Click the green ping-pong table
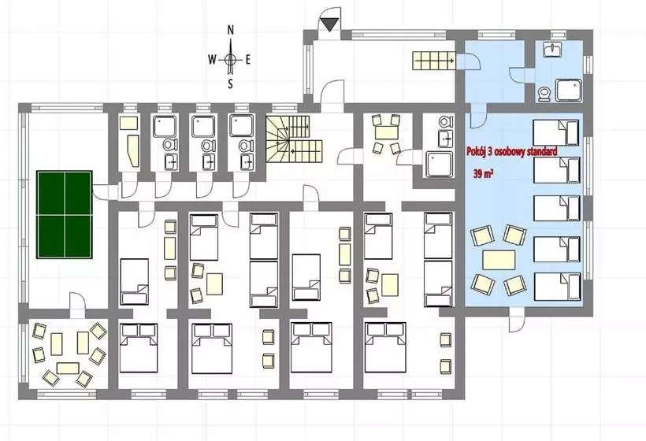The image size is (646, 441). [65, 214]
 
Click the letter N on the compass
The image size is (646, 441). [231, 30]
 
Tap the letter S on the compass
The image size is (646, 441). [230, 84]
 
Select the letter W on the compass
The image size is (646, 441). [212, 60]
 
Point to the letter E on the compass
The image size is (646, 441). [247, 60]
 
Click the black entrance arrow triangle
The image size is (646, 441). [330, 24]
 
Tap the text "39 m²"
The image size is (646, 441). [483, 174]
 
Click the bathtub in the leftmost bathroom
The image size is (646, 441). [133, 150]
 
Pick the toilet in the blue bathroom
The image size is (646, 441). [544, 94]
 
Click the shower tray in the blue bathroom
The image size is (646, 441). [569, 91]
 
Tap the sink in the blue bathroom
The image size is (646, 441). [551, 50]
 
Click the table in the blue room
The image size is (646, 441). [499, 260]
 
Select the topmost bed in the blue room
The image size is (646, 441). [556, 132]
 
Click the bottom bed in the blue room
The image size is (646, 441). [557, 286]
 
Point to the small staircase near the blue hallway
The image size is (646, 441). [434, 61]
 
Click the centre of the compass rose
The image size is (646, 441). [231, 60]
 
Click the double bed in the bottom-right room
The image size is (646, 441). [385, 348]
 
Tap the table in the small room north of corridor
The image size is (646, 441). [387, 132]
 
